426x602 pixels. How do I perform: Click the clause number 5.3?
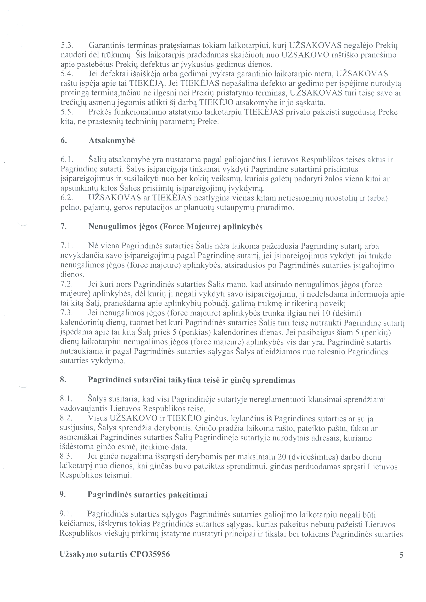(66, 46)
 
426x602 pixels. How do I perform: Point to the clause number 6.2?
(66, 198)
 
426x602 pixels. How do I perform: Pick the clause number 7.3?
(66, 313)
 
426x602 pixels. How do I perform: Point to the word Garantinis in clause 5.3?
(106, 46)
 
